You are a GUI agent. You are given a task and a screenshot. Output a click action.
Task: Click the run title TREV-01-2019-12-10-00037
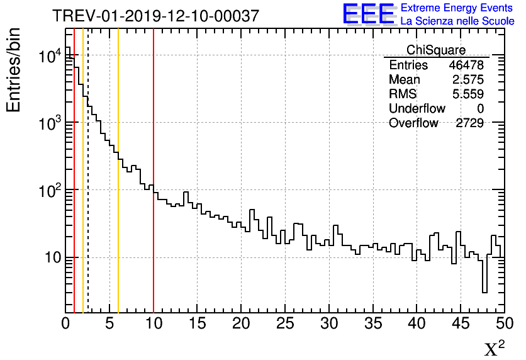pos(155,16)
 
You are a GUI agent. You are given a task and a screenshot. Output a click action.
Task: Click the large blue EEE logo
pos(369,14)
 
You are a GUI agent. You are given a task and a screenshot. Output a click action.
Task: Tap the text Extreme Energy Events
pos(457,8)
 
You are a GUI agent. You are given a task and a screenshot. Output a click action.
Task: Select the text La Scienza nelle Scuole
pos(457,21)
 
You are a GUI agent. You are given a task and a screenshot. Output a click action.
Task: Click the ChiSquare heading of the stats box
pos(436,50)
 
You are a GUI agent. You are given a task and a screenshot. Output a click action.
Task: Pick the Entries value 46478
pos(466,65)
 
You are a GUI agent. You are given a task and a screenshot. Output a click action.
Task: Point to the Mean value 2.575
pos(469,80)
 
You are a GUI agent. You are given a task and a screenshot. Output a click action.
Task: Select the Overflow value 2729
pos(469,123)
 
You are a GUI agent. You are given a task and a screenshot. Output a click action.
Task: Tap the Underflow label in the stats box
pos(417,109)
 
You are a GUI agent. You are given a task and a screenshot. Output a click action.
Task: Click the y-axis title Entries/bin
pos(14,69)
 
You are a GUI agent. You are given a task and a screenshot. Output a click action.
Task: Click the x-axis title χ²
pos(494,348)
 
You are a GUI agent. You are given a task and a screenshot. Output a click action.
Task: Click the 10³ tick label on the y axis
pos(48,123)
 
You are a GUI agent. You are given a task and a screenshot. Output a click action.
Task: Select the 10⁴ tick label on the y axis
pos(48,56)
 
